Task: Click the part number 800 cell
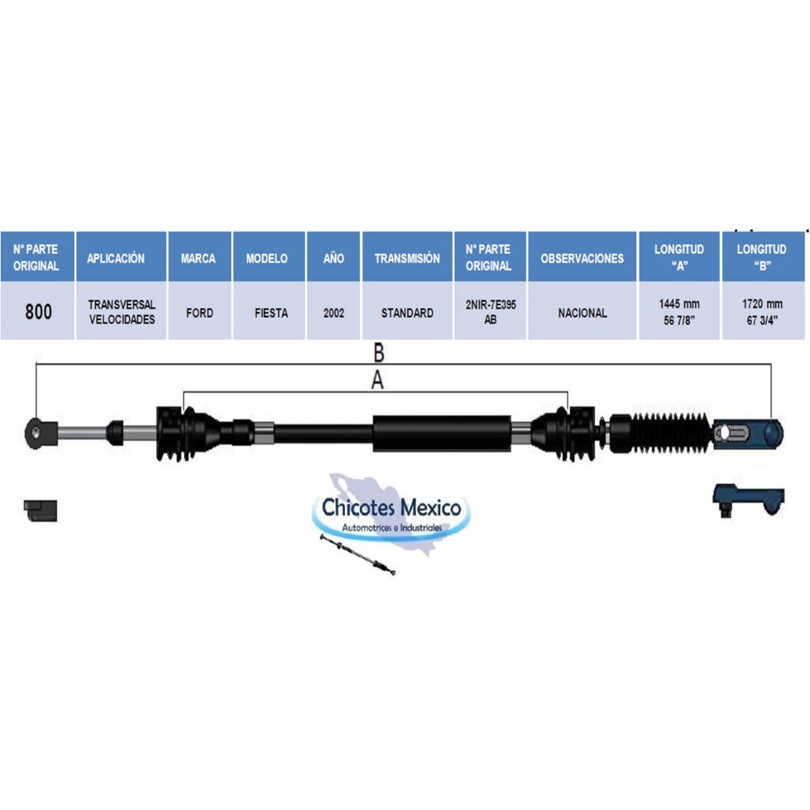[x=38, y=311]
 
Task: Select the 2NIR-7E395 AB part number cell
[x=490, y=311]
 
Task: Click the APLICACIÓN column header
[x=121, y=256]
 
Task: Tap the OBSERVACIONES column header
[x=582, y=256]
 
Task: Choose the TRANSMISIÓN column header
[x=407, y=256]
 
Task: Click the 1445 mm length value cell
[x=679, y=311]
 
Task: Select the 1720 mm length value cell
[x=761, y=311]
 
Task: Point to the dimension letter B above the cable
[x=379, y=352]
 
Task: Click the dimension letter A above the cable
[x=377, y=381]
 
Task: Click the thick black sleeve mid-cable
[x=442, y=433]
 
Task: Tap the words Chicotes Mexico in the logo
[x=391, y=508]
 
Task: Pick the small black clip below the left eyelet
[x=40, y=510]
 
